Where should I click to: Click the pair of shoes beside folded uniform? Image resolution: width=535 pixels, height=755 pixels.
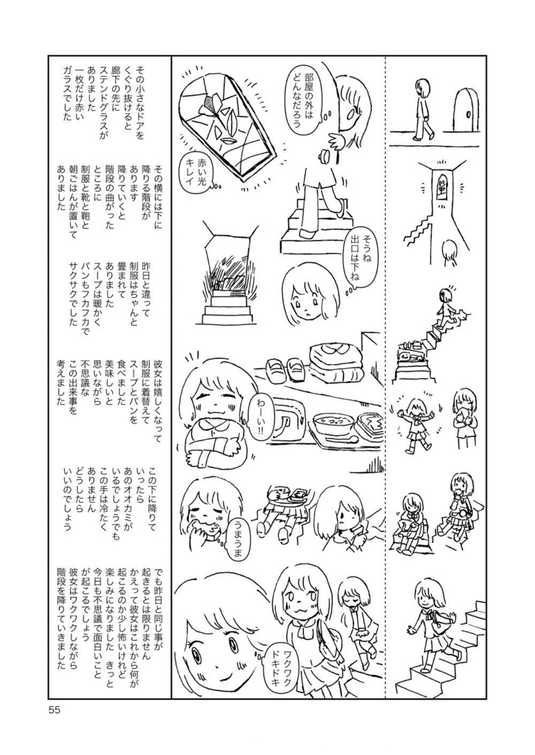pos(283,368)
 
